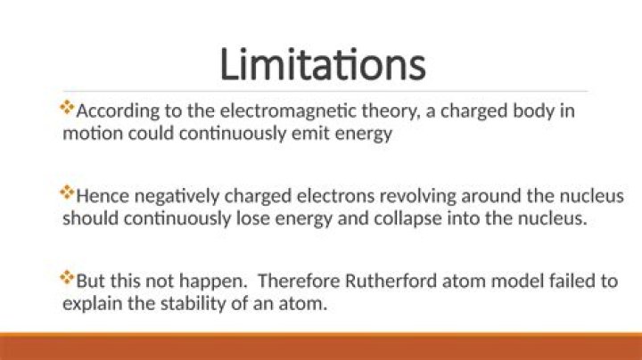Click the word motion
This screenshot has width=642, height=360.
[x=87, y=134]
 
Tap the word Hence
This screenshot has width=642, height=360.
[x=101, y=197]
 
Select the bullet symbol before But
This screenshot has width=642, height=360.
[x=67, y=278]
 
